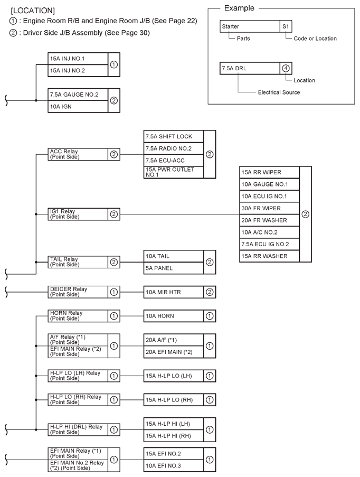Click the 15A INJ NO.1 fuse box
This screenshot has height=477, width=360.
(78, 59)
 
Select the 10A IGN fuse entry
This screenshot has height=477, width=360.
(78, 107)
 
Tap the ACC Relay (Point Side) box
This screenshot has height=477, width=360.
(78, 154)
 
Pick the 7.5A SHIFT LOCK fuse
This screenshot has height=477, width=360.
(174, 137)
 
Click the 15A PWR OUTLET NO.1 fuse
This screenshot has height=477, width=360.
(174, 172)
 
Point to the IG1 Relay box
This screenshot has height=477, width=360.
(78, 214)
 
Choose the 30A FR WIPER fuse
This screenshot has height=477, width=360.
(269, 208)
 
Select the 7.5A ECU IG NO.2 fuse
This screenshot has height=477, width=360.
(269, 244)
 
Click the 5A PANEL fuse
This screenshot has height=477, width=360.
(174, 268)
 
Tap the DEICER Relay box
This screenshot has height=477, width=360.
(78, 292)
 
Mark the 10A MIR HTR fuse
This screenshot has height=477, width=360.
(174, 292)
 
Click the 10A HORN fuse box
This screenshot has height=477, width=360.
(174, 316)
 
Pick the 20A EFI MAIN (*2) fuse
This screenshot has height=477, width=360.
(174, 352)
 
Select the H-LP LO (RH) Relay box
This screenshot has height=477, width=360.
(78, 400)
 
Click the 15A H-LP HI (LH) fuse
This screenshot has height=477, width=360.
(174, 424)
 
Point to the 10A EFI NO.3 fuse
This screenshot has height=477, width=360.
(174, 466)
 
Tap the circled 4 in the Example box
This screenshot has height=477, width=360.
(286, 68)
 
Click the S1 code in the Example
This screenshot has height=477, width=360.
(286, 26)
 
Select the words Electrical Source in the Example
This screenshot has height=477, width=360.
(279, 92)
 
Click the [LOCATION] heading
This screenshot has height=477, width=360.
(33, 11)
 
